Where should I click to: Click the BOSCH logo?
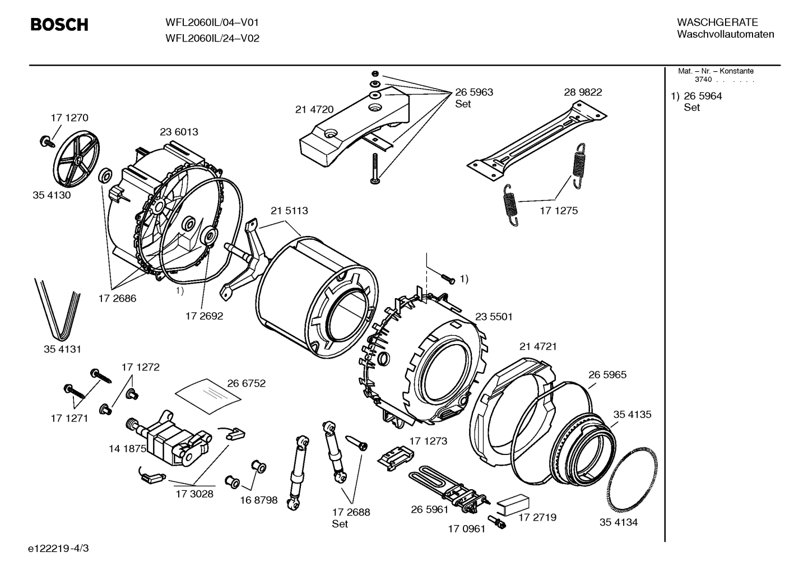59,25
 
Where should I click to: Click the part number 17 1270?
69,118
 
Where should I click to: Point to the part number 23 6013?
179,132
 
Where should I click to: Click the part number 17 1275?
559,211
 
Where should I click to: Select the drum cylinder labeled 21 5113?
317,291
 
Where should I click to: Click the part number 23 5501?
494,317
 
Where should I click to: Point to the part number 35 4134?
619,522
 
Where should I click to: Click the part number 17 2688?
351,512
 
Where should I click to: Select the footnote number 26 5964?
703,96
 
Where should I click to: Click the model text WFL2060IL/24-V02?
212,39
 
